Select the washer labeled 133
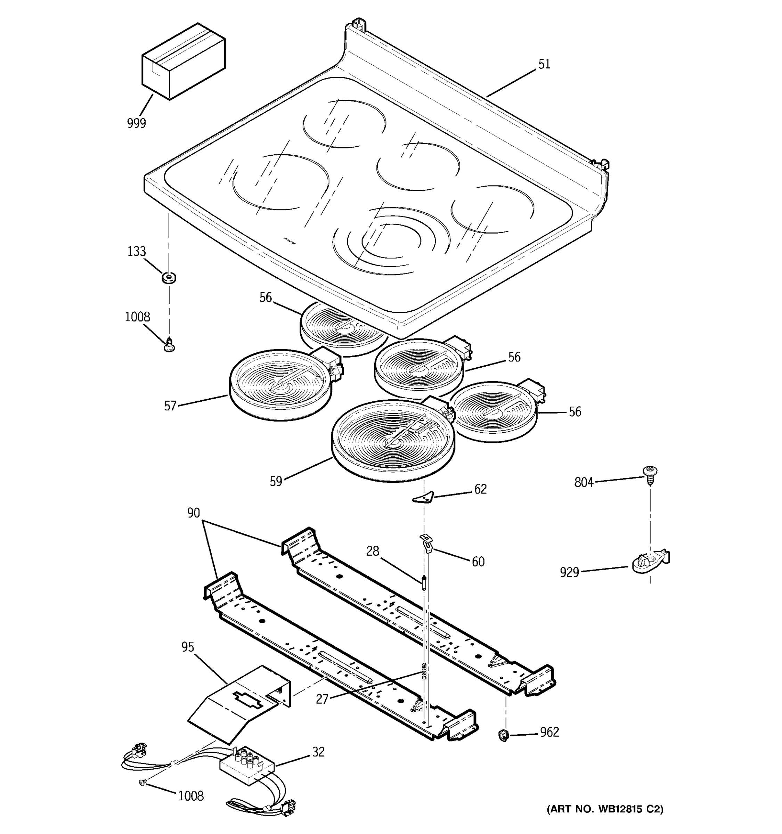point(169,277)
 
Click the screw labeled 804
point(650,474)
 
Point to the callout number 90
point(193,513)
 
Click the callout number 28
point(373,551)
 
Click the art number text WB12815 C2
point(604,809)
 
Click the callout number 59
point(276,481)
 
